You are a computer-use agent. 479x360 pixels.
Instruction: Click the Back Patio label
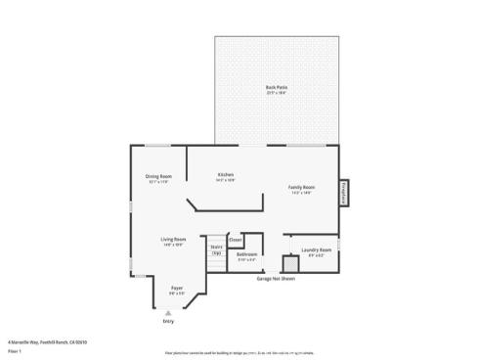coord(276,87)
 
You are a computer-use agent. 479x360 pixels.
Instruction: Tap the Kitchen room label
coord(225,175)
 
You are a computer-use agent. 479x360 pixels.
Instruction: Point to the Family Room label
coord(300,186)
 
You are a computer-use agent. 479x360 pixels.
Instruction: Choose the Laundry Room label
coord(316,249)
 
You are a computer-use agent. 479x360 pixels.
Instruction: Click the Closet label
coord(236,239)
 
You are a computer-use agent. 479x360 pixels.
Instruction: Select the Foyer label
coord(177,287)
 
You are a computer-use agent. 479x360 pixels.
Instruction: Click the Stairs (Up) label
coord(216,248)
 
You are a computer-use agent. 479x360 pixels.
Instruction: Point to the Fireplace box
coord(344,193)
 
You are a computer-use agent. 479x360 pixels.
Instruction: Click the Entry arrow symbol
coord(168,312)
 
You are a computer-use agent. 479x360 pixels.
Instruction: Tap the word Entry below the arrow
coord(168,321)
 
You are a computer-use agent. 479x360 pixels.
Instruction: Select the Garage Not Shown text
coord(276,278)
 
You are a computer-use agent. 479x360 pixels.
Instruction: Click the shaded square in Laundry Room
coord(289,264)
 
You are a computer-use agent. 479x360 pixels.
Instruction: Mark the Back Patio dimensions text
coord(276,93)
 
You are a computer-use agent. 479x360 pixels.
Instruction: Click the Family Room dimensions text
coord(300,192)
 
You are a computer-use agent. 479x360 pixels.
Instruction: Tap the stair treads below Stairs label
coord(216,264)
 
